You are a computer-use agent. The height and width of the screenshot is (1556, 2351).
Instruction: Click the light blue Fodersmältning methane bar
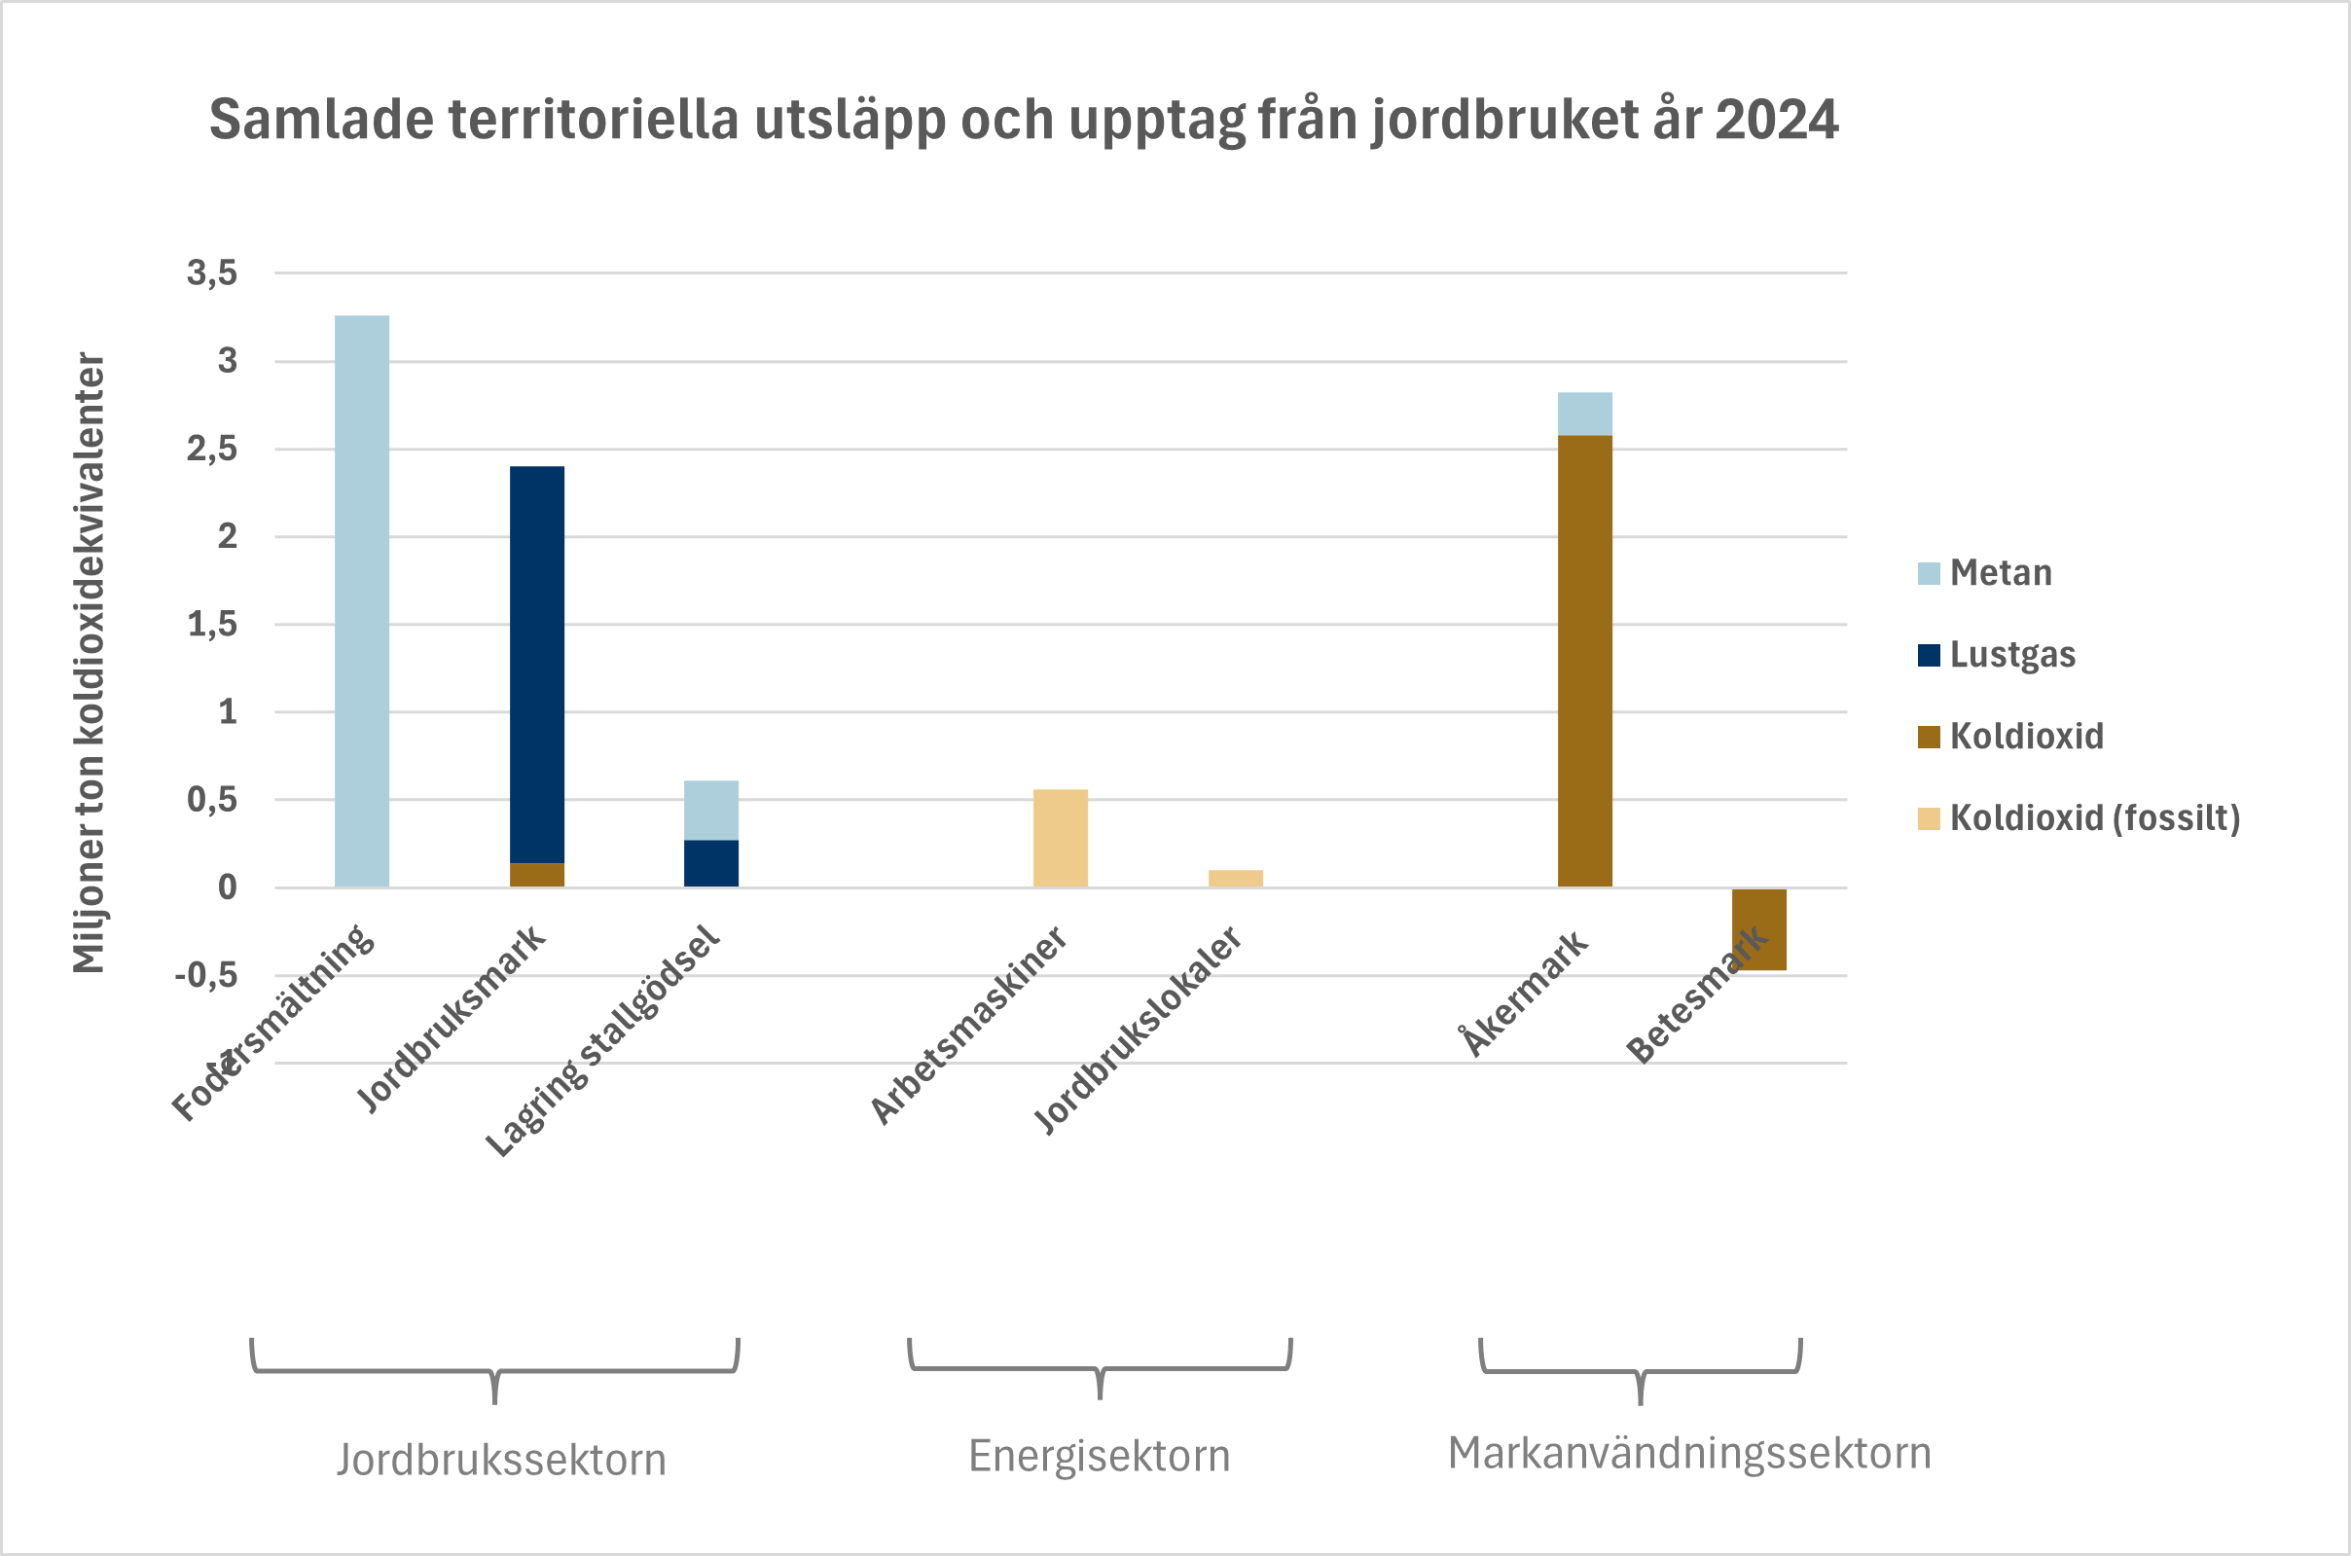[x=361, y=600]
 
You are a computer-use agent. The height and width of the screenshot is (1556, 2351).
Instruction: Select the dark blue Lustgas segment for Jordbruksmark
[x=537, y=664]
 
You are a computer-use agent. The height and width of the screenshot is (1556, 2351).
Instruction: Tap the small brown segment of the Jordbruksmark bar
[x=537, y=874]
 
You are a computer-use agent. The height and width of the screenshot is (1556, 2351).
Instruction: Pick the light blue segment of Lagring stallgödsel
[x=710, y=810]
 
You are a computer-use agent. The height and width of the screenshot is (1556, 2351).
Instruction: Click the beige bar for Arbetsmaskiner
[x=1060, y=838]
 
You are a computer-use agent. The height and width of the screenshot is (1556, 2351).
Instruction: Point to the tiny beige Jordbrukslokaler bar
[x=1235, y=878]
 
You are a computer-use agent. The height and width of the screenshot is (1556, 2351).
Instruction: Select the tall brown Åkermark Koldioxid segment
[x=1584, y=660]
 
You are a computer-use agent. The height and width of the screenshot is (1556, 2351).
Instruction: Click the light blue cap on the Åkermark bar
[x=1584, y=414]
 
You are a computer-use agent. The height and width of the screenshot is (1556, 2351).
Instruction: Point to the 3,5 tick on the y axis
[x=212, y=272]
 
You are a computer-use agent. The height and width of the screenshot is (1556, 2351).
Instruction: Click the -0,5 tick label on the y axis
[x=206, y=975]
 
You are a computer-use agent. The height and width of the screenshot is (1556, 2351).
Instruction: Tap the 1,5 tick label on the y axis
[x=212, y=624]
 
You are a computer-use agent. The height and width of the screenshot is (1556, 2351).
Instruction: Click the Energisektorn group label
[x=1099, y=1457]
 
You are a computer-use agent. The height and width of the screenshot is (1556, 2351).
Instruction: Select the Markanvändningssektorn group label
[x=1689, y=1454]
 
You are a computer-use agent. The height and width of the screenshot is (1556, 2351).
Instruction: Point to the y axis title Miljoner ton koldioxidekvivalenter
[x=90, y=662]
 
